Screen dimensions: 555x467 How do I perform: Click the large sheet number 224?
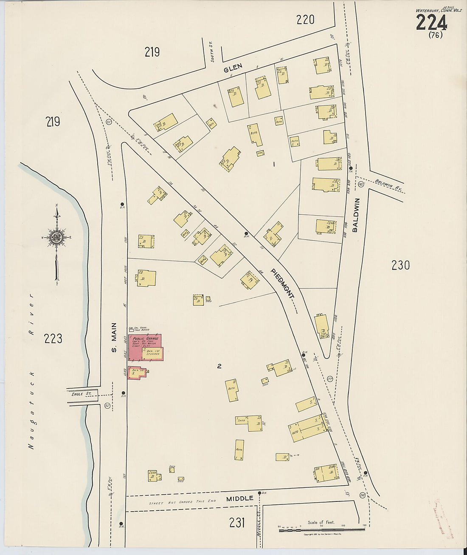coord(431,22)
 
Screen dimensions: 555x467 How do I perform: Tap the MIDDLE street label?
coord(240,498)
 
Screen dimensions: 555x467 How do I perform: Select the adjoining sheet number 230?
coord(400,265)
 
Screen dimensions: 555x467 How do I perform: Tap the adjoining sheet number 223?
coord(53,339)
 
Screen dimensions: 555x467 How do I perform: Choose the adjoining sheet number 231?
coord(237,523)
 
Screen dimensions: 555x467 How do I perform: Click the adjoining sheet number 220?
coord(305,19)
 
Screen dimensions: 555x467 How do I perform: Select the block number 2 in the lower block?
coord(219,367)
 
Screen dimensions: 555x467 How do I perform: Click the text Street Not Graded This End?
coord(182,502)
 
